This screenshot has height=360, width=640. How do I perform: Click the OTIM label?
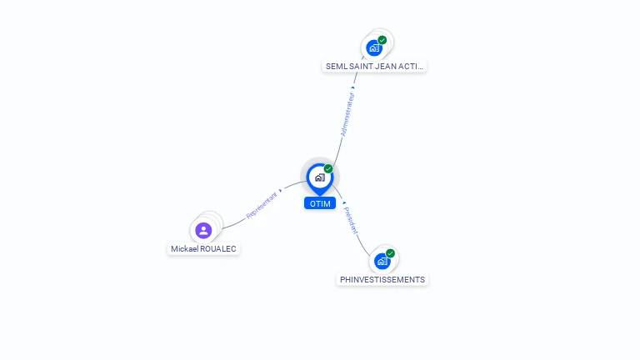320,203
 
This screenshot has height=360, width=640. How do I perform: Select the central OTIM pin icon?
319,177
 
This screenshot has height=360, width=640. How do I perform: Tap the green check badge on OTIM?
328,169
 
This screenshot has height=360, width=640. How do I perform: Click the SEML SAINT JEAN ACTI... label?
375,66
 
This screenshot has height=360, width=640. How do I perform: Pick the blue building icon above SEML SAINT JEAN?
373,47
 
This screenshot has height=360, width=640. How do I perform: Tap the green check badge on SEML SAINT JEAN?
382,40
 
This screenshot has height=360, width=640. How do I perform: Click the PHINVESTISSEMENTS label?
382,280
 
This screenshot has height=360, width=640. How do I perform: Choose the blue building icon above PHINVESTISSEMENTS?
382,261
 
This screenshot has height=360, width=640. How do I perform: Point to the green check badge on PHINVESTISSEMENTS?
390,253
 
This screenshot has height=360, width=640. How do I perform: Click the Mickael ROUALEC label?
204,248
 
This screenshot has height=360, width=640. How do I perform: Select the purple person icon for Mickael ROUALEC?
203,230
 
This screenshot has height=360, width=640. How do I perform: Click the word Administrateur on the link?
347,114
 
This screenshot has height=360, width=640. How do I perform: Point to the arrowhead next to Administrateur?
353,87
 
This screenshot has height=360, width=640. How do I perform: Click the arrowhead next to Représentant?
281,190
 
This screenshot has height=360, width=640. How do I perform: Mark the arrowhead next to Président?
343,202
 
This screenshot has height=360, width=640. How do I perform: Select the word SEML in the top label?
335,66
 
